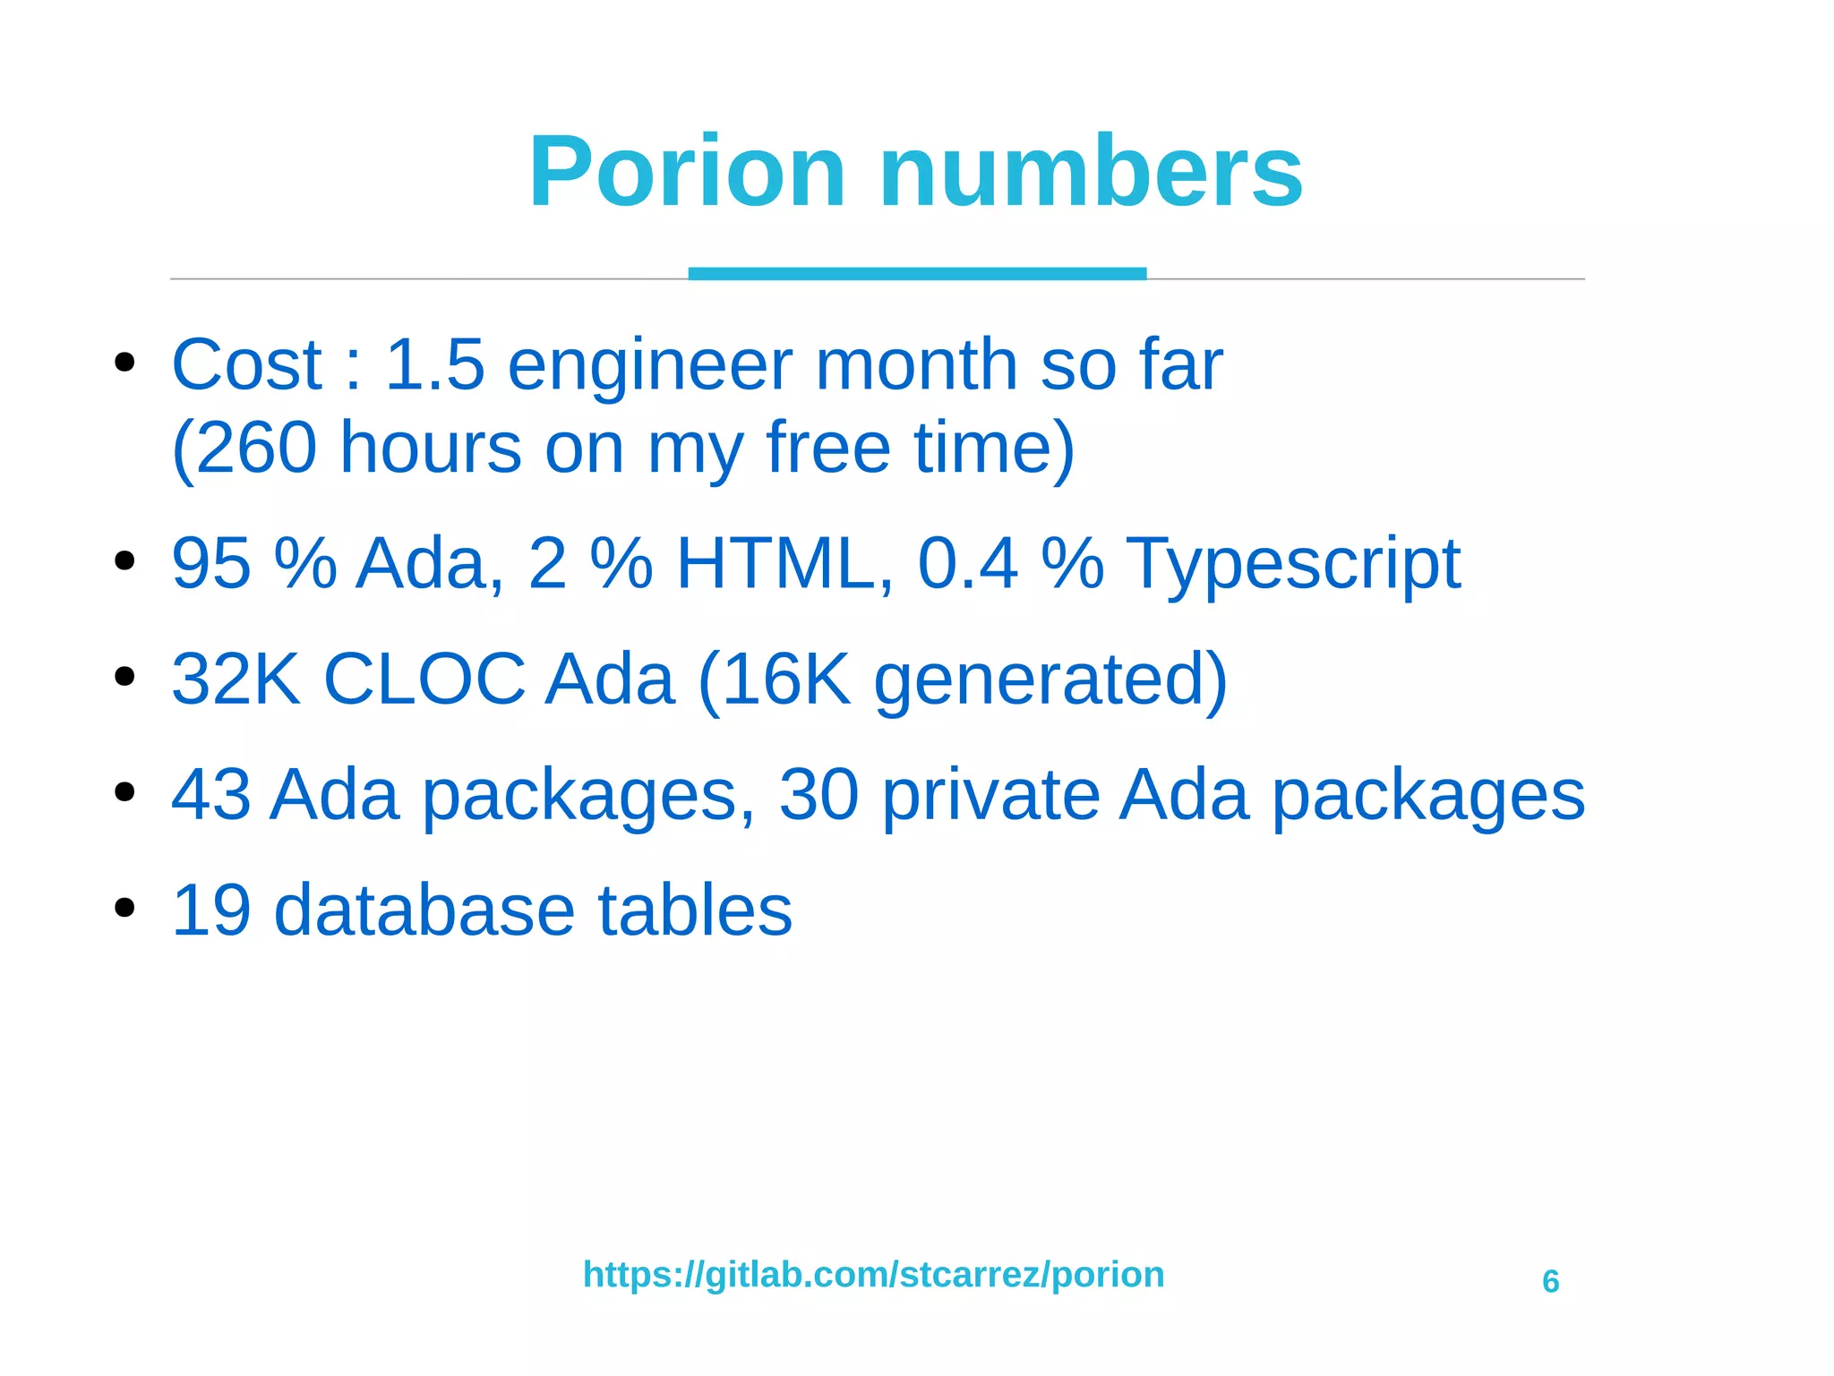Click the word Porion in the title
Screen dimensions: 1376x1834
pyautogui.click(x=687, y=171)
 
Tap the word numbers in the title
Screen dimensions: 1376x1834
pyautogui.click(x=1091, y=171)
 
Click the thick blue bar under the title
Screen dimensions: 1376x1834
pyautogui.click(x=917, y=273)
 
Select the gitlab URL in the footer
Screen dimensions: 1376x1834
pyautogui.click(x=873, y=1274)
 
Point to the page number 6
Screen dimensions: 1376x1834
pyautogui.click(x=1550, y=1281)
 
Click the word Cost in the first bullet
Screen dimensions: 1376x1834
pyautogui.click(x=246, y=364)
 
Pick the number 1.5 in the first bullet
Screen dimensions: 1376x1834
pyautogui.click(x=434, y=364)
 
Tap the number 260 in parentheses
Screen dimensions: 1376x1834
pyautogui.click(x=255, y=447)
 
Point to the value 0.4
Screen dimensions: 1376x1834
pyautogui.click(x=967, y=563)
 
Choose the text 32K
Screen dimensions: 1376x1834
pyautogui.click(x=236, y=679)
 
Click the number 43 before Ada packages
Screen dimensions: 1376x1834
pyautogui.click(x=210, y=794)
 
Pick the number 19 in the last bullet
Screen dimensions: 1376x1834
pyautogui.click(x=210, y=910)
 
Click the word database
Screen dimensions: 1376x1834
pyautogui.click(x=423, y=910)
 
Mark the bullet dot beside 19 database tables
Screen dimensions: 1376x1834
pyautogui.click(x=124, y=907)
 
